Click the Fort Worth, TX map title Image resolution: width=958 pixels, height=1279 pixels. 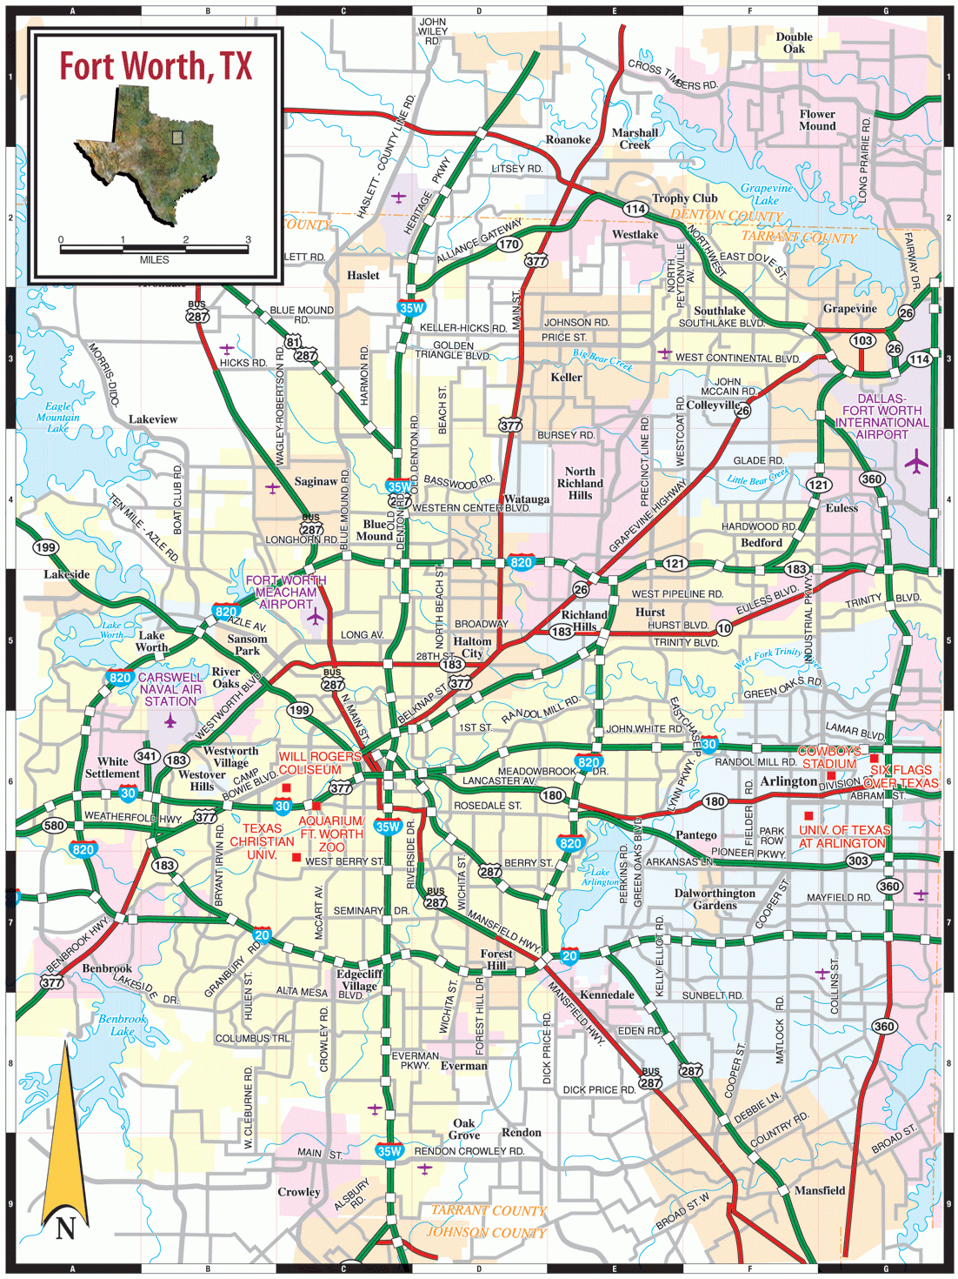click(x=156, y=66)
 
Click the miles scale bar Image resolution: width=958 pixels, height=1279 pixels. click(x=154, y=249)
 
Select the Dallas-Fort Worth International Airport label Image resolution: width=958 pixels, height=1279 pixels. click(x=881, y=417)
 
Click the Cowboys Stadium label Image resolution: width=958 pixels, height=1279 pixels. click(x=829, y=757)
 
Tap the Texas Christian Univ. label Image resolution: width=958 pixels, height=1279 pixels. click(x=262, y=841)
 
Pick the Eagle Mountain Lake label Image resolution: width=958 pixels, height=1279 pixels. click(x=58, y=418)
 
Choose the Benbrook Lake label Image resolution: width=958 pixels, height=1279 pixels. click(x=122, y=1025)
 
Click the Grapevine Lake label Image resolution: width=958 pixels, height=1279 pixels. click(x=767, y=193)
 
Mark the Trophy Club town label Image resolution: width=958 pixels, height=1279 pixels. click(x=685, y=198)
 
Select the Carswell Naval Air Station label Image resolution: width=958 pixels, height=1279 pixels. click(x=170, y=689)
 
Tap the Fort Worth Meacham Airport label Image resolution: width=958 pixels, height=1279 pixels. click(x=286, y=592)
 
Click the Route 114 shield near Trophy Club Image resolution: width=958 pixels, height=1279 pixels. click(x=635, y=209)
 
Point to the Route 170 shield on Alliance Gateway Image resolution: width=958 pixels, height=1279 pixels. click(x=509, y=244)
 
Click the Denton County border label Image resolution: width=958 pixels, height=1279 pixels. click(x=727, y=215)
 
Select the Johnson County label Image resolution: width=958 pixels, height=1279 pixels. click(x=486, y=1232)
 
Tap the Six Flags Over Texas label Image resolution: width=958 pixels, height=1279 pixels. click(x=901, y=776)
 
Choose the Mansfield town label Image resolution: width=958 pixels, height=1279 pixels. click(x=820, y=1190)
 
